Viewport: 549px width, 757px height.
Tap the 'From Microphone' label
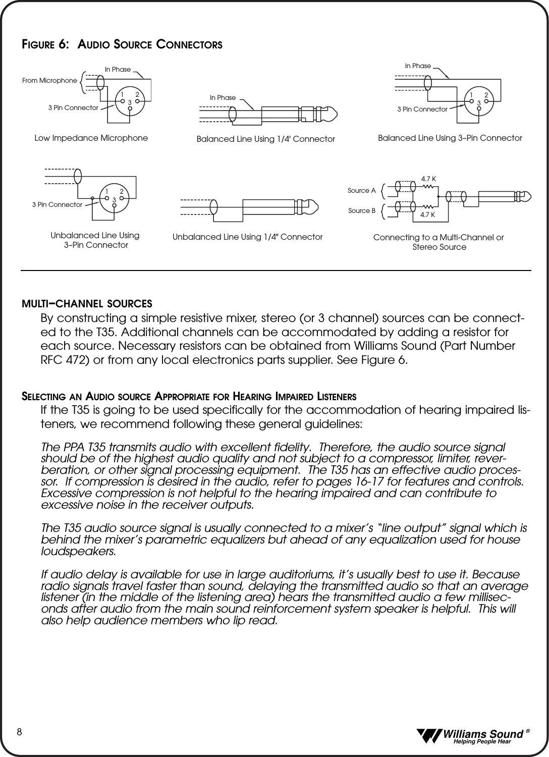50,80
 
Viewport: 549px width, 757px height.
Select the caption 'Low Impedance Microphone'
91,138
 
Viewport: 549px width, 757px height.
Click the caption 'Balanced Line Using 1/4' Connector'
265,139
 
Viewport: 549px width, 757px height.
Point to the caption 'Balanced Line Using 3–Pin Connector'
450,138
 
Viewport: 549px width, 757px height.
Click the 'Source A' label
362,191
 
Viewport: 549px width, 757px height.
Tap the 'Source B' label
362,210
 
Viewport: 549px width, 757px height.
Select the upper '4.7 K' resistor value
428,179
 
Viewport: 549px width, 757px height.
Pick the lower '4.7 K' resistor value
427,215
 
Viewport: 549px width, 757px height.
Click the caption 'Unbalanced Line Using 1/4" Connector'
247,237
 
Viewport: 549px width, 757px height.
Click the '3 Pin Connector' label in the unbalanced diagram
57,204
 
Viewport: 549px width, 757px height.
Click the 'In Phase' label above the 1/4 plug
223,97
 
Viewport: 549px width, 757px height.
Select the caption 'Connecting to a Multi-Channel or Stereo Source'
438,242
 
